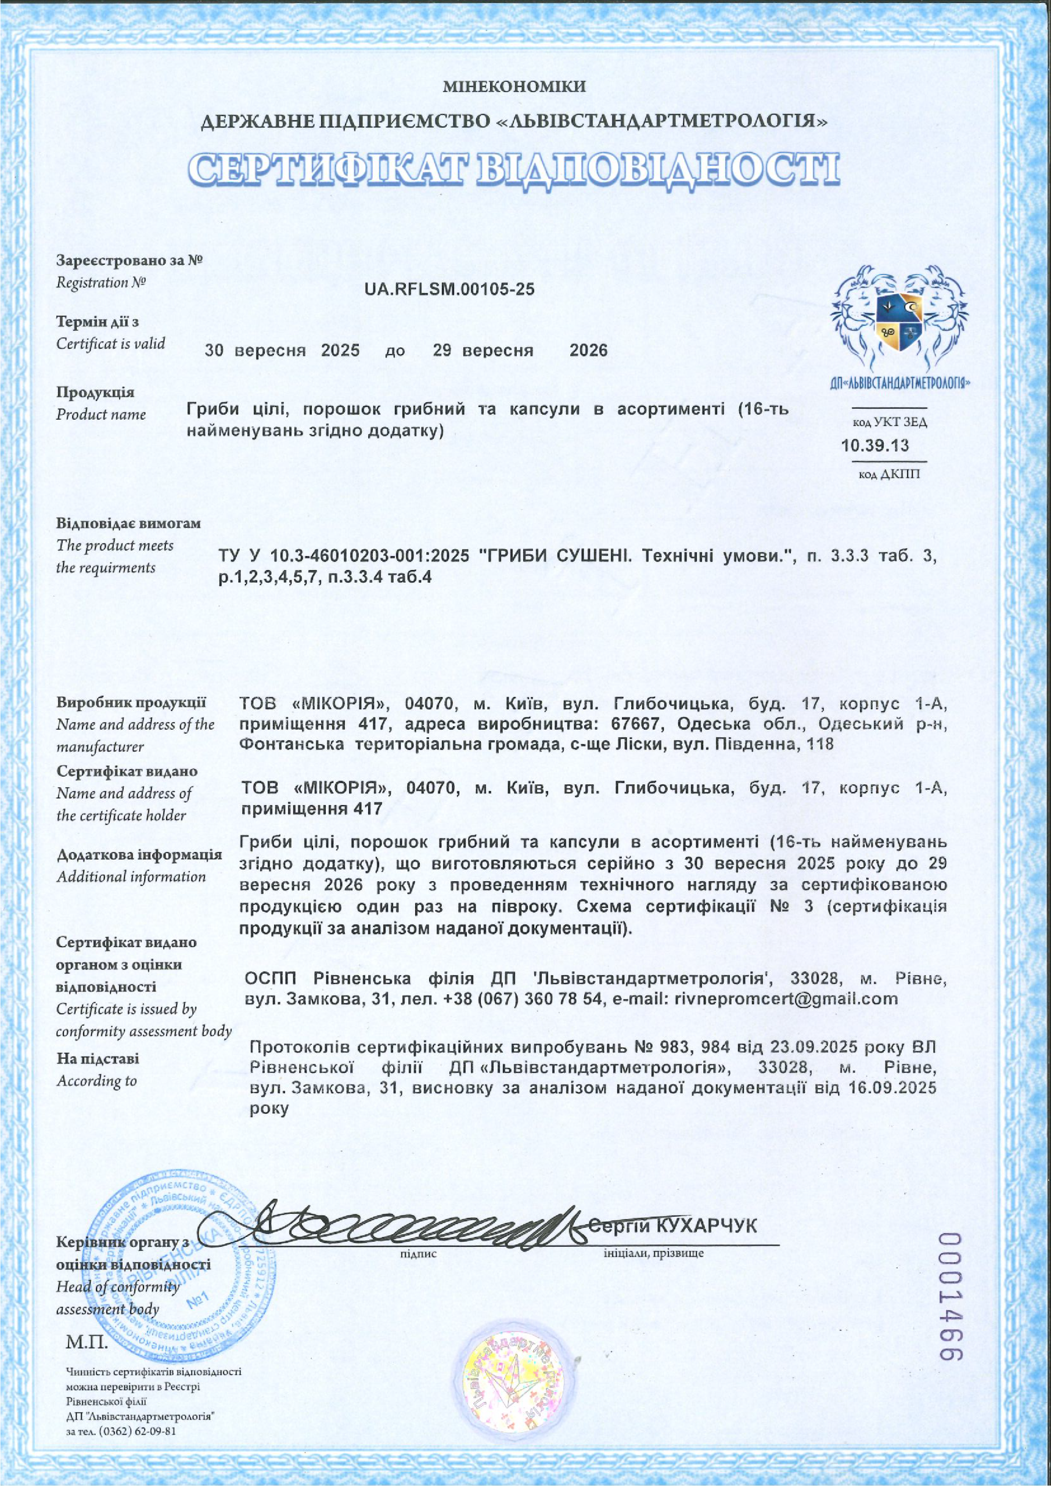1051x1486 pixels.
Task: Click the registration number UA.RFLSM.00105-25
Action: pos(450,289)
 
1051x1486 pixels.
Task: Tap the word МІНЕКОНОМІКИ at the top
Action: pos(515,86)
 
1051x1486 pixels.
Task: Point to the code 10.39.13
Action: pos(875,445)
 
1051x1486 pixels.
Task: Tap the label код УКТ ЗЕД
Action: pos(890,423)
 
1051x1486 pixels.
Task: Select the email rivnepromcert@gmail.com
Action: pos(786,998)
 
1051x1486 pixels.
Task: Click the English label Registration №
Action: pos(101,283)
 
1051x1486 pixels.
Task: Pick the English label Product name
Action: pos(101,414)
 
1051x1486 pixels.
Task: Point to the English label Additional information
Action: pos(131,877)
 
